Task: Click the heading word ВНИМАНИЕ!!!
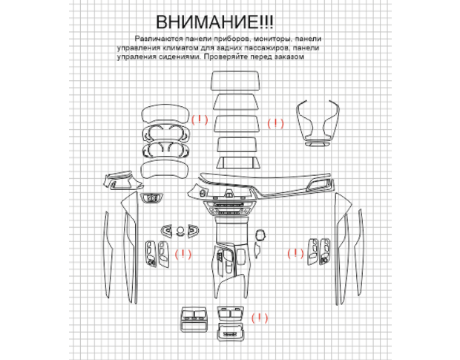tap(214, 22)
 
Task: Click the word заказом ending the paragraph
tap(289, 57)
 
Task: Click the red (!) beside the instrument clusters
tap(200, 120)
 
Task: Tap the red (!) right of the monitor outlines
tap(275, 123)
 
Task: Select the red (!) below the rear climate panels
tap(260, 318)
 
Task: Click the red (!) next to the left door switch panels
tap(183, 254)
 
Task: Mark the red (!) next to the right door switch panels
tap(295, 253)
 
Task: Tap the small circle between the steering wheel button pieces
tap(180, 230)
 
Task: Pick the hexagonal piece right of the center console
tap(260, 235)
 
